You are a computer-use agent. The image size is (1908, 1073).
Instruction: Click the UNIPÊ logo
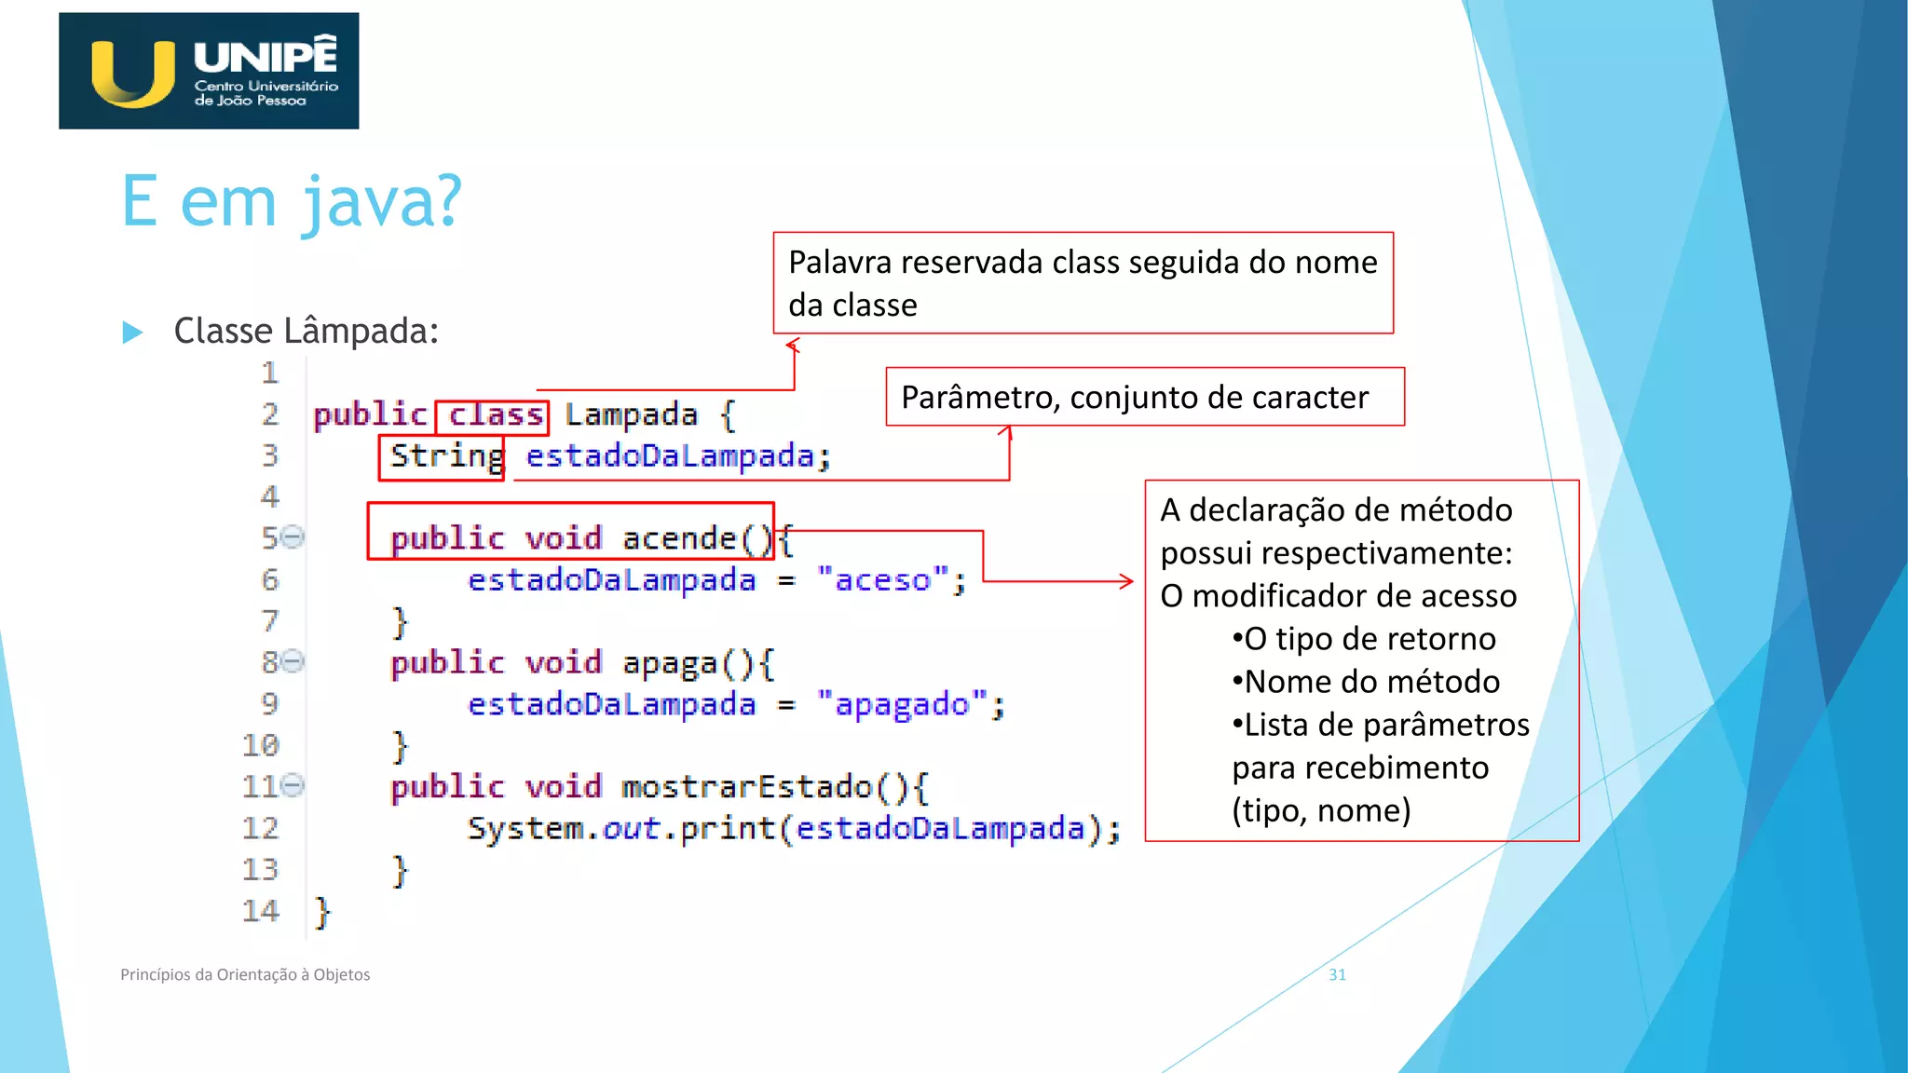pyautogui.click(x=209, y=71)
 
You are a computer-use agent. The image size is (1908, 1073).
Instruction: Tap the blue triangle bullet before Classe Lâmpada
pyautogui.click(x=132, y=333)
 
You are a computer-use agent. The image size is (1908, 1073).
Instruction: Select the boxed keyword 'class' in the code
pyautogui.click(x=495, y=414)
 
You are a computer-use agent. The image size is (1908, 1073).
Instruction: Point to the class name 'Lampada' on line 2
pyautogui.click(x=631, y=415)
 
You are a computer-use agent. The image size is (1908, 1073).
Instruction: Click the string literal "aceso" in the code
pyautogui.click(x=882, y=580)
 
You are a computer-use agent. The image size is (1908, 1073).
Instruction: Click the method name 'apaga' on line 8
pyautogui.click(x=669, y=663)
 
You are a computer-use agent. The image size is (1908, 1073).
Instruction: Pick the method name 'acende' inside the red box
pyautogui.click(x=679, y=538)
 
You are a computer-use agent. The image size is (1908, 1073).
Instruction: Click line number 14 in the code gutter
pyautogui.click(x=261, y=911)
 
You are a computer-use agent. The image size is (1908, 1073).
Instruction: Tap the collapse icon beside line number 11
pyautogui.click(x=293, y=785)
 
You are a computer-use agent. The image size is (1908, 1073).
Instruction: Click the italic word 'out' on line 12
pyautogui.click(x=631, y=828)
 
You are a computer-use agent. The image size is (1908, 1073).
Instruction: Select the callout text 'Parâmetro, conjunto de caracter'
pyautogui.click(x=1135, y=398)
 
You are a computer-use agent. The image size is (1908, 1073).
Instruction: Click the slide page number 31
pyautogui.click(x=1337, y=974)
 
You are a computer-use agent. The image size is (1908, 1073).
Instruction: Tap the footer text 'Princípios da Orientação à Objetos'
pyautogui.click(x=245, y=974)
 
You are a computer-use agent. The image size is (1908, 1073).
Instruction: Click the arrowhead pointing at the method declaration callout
pyautogui.click(x=1127, y=581)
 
